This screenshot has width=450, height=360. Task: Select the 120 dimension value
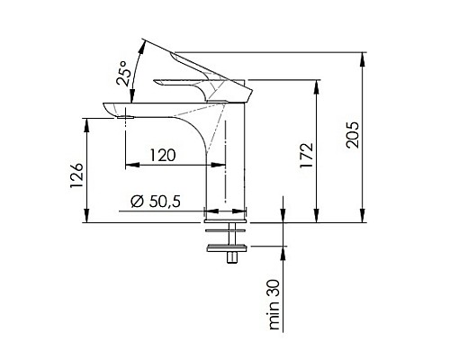point(163,156)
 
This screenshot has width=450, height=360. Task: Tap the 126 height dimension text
point(76,175)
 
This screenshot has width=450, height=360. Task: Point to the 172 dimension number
point(306,156)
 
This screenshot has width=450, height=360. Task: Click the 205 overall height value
point(352,135)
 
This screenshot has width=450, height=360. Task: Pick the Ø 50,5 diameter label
point(156,202)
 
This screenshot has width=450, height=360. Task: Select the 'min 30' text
point(274,305)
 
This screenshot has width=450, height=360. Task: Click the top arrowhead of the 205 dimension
point(363,59)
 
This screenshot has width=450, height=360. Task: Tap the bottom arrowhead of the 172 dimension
point(316,216)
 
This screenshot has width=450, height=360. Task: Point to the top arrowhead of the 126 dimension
point(86,125)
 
